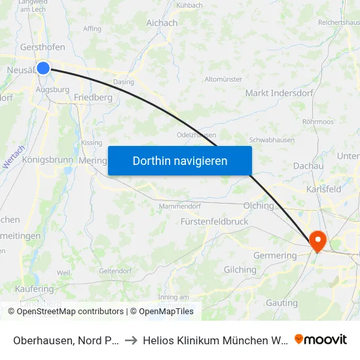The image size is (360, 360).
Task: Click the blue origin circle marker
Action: [x=43, y=67]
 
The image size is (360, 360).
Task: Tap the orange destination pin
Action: [x=317, y=240]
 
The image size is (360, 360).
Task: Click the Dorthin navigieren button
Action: [x=180, y=160]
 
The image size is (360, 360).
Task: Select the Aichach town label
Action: [x=162, y=23]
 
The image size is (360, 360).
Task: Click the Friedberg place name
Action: [x=93, y=97]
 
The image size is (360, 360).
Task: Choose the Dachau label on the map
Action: [x=308, y=166]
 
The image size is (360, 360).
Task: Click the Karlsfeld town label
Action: [x=323, y=189]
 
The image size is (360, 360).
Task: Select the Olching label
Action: [x=259, y=206]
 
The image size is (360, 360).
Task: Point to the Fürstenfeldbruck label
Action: [x=215, y=221]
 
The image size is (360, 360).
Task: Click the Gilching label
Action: [x=240, y=270]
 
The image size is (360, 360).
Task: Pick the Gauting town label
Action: [x=282, y=303]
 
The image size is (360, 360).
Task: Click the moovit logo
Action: [x=320, y=340]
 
